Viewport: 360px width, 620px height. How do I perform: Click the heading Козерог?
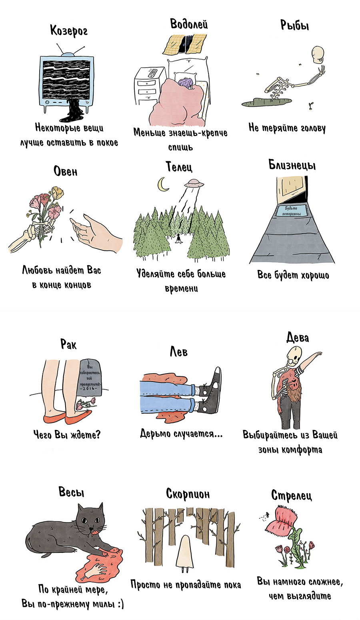(69, 30)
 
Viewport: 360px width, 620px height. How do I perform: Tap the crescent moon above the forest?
(163, 185)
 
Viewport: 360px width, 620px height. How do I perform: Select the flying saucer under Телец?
(194, 183)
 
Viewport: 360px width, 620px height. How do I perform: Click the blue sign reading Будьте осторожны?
(291, 211)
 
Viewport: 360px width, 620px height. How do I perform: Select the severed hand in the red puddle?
(96, 570)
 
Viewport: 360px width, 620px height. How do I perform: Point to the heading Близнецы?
(292, 165)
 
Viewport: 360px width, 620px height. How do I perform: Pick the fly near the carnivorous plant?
(267, 515)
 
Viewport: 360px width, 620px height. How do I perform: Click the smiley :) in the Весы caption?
(120, 604)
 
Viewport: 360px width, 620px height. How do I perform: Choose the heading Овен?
(65, 171)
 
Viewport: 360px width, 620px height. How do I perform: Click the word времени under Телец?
(182, 288)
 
